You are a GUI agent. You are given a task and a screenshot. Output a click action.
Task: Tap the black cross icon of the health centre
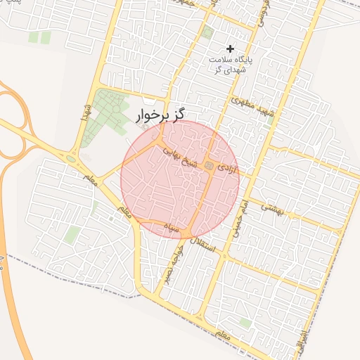coord(230,48)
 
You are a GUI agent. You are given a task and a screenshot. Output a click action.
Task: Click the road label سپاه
coord(173,228)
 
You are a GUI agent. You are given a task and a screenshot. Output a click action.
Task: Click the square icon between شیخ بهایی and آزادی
coord(209,165)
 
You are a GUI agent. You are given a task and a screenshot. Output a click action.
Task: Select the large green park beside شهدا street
coord(105,112)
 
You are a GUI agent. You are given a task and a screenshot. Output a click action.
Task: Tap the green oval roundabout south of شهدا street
coord(71,158)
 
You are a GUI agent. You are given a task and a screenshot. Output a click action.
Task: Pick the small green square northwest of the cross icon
coord(207,32)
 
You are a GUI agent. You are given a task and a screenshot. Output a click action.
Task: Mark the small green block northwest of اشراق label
coord(245,323)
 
